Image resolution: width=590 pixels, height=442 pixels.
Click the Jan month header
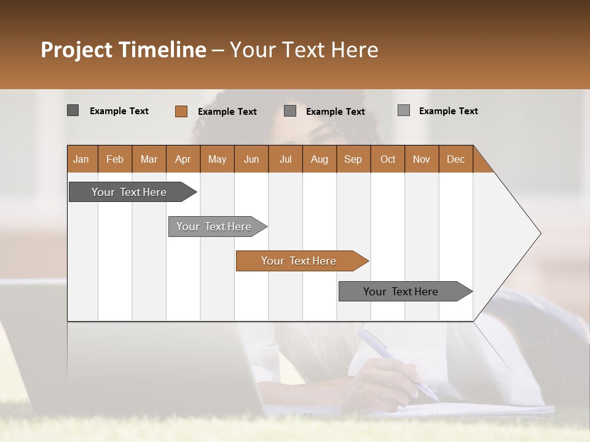tap(82, 159)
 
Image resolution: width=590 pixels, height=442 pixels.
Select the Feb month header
tap(115, 159)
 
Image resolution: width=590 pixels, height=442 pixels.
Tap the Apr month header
tap(183, 159)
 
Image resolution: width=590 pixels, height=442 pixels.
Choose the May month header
tap(217, 159)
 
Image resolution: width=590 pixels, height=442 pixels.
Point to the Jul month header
tap(285, 159)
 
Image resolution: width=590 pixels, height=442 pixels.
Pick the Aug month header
tap(319, 159)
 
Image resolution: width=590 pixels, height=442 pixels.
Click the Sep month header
tap(353, 159)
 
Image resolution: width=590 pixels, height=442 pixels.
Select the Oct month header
tap(388, 159)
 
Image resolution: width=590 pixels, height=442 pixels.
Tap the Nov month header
tap(422, 159)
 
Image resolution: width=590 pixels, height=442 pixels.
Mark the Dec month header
tap(455, 159)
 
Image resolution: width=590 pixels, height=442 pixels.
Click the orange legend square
tap(181, 111)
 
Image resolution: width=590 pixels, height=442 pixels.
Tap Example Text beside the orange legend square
tap(227, 112)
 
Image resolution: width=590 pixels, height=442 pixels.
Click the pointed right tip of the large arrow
tap(539, 233)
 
